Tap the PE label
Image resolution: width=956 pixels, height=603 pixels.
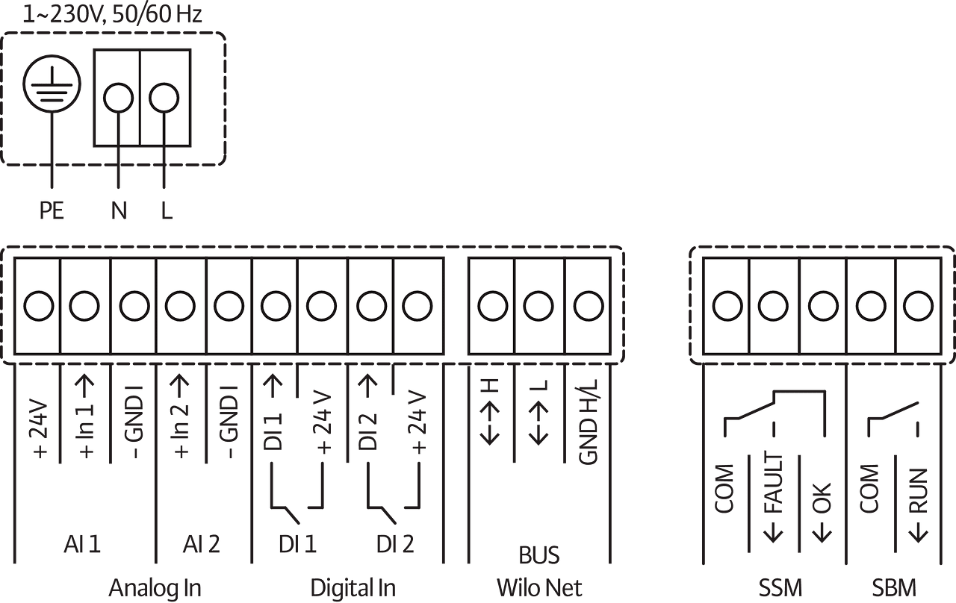tap(52, 211)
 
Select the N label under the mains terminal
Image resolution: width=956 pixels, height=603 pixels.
tap(118, 211)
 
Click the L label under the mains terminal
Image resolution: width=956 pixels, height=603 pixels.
tap(166, 211)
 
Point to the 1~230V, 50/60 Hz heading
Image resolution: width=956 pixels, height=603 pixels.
tap(112, 15)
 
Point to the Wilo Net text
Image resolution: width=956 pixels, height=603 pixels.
tap(539, 587)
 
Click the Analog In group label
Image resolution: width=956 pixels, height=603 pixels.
tap(155, 587)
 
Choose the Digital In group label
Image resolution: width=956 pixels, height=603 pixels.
tap(353, 587)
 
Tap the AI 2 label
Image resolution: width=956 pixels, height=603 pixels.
tap(201, 546)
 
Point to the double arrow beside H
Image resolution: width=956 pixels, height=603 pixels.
tap(490, 422)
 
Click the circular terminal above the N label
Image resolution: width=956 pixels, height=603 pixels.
tap(117, 97)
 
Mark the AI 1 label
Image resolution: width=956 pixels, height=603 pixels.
tap(81, 546)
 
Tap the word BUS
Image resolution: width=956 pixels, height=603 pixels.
tap(538, 556)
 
